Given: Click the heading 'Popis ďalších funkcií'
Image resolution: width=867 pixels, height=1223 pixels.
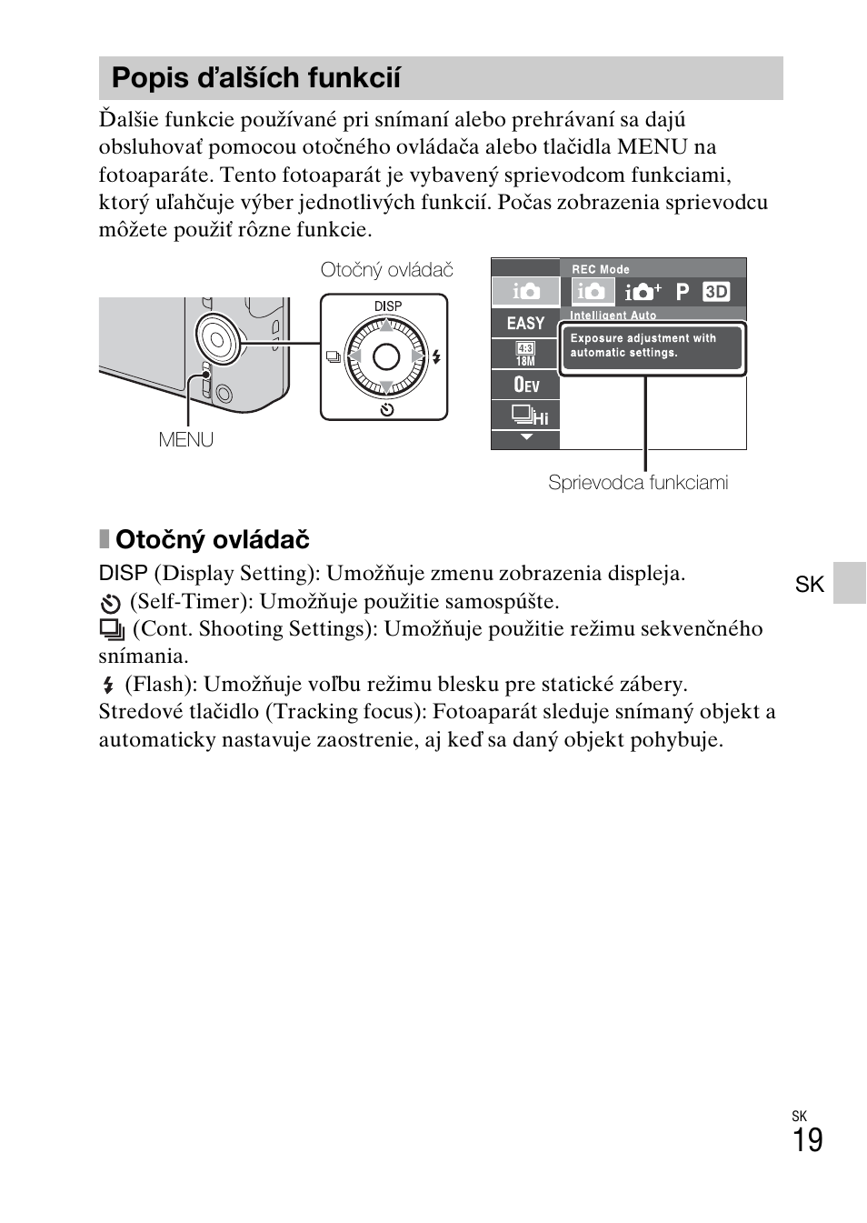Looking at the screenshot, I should click(x=255, y=78).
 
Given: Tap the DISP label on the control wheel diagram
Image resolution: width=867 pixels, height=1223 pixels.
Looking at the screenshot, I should click(x=387, y=306).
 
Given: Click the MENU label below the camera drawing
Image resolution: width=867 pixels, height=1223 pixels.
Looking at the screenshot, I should click(x=185, y=440).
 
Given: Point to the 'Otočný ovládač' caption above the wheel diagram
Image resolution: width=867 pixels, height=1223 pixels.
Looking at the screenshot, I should click(x=386, y=270).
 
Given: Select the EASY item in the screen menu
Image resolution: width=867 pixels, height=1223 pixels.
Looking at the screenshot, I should click(x=525, y=324).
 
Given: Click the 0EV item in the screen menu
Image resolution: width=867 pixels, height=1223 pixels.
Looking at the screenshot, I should click(x=525, y=385).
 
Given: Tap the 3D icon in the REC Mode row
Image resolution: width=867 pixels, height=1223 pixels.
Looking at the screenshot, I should click(x=716, y=292).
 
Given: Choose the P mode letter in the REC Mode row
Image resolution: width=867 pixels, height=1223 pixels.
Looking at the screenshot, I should click(x=683, y=292).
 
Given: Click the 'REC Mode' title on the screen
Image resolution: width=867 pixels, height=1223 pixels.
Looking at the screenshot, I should click(x=600, y=269).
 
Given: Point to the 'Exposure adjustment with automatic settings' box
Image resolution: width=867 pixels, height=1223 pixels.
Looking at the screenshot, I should click(x=652, y=346).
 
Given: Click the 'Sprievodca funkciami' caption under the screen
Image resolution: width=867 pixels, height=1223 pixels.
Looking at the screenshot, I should click(x=638, y=483).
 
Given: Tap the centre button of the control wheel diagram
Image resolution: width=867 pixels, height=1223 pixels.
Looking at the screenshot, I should click(x=386, y=356).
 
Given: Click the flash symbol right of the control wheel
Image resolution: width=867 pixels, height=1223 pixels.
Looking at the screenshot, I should click(x=436, y=356).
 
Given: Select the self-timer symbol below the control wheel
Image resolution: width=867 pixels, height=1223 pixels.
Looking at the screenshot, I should click(x=387, y=409).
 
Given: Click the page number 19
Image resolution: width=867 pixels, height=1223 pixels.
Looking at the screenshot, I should click(x=807, y=1140).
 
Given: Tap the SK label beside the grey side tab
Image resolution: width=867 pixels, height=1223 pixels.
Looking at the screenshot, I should click(x=809, y=584).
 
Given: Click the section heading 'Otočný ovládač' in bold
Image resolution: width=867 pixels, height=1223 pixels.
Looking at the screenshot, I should click(x=212, y=540).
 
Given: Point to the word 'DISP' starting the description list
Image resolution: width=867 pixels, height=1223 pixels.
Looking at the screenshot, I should click(x=123, y=574).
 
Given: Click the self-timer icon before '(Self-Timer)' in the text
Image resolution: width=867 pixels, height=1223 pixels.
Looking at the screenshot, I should click(x=111, y=603).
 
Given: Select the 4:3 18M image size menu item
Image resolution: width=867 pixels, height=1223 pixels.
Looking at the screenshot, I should click(x=525, y=354).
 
